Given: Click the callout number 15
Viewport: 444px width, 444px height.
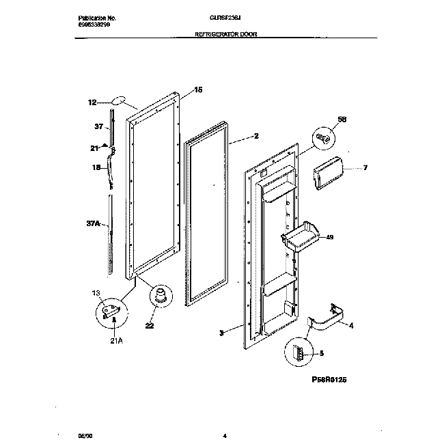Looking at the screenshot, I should coord(198,89).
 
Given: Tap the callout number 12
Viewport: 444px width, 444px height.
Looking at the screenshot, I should coord(92,103).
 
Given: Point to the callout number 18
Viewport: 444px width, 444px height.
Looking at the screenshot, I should coord(96,167).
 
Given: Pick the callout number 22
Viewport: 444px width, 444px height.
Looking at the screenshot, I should coord(149,326).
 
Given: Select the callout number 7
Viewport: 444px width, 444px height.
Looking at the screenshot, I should coord(364,167).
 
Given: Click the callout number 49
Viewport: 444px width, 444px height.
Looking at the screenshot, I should coord(330,237).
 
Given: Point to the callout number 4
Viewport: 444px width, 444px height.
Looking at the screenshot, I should coord(351,325).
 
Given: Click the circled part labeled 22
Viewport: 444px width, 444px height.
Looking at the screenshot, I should coord(162,297).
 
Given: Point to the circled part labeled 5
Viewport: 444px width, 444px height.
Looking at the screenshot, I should coord(299,353).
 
